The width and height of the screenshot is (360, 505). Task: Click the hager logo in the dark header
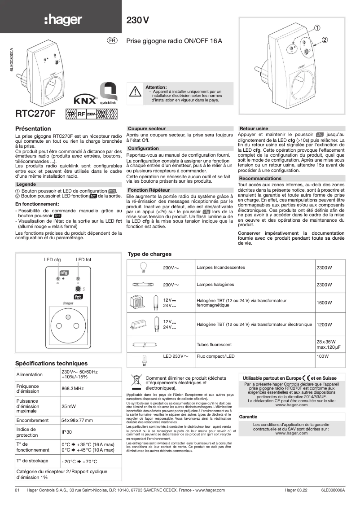[x=63, y=20]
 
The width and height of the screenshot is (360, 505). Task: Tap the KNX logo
[x=83, y=98]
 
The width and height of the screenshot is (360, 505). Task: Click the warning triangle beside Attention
[x=135, y=91]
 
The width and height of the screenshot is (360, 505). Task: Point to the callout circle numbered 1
[x=317, y=28]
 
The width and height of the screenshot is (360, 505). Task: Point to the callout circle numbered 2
[x=325, y=40]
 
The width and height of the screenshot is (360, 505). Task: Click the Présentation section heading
[x=33, y=128]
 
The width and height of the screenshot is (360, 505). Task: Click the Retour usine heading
[x=254, y=128]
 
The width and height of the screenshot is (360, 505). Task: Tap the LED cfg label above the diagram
[x=52, y=259]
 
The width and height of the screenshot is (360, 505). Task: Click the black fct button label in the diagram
[x=77, y=297]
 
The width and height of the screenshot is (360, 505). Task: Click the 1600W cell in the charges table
[x=324, y=303]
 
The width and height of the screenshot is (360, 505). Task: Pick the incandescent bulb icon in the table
[x=144, y=267]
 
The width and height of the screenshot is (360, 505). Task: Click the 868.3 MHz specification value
[x=72, y=388]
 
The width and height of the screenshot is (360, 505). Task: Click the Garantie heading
[x=248, y=417]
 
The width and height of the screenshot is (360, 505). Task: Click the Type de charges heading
[x=150, y=254]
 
